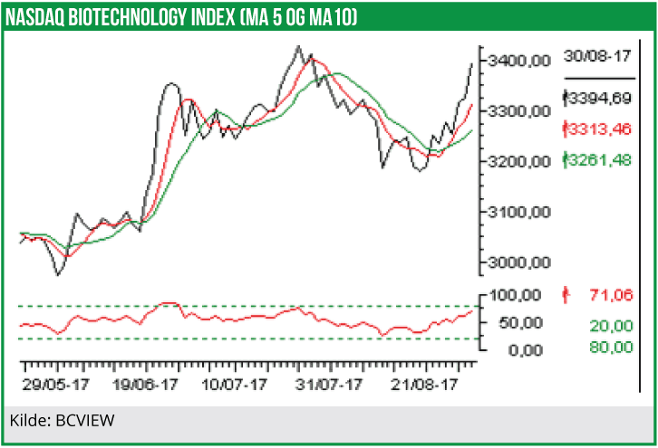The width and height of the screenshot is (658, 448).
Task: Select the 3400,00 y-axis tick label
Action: tap(519, 61)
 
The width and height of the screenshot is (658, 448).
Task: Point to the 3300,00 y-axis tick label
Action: tap(519, 111)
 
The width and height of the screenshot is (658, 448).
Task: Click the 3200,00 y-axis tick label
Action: tap(519, 162)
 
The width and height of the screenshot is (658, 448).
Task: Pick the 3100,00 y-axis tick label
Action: tap(519, 213)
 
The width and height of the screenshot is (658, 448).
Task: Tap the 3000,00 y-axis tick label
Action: tap(519, 263)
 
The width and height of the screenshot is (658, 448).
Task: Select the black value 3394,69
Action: tap(598, 97)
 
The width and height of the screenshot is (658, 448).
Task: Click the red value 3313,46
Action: tap(598, 129)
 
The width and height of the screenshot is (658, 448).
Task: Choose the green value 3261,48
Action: tap(598, 160)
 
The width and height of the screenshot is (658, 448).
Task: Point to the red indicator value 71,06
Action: tap(608, 295)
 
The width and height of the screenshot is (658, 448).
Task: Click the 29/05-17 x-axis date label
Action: tap(56, 385)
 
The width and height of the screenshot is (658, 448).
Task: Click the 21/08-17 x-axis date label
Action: tap(429, 385)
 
